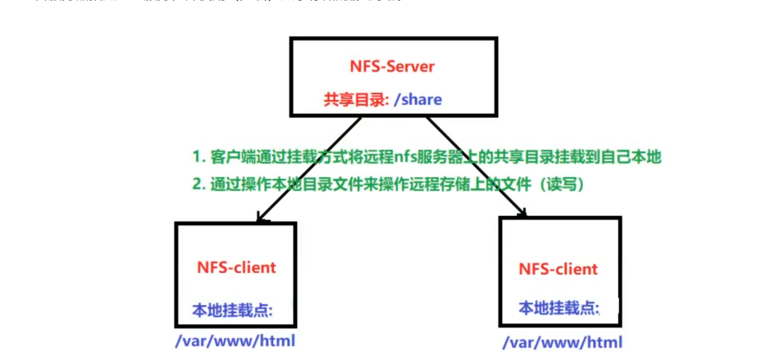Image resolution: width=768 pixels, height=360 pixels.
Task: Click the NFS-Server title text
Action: [x=392, y=66]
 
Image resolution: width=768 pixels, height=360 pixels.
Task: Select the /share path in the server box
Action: [x=418, y=100]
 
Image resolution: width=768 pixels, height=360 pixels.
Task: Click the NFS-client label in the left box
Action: [x=236, y=267]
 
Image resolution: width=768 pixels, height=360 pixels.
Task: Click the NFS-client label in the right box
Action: [x=558, y=269]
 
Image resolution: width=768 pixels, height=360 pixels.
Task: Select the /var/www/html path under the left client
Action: [x=235, y=341]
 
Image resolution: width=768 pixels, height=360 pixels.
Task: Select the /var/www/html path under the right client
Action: [x=563, y=343]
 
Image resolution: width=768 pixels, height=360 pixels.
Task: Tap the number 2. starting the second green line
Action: [x=199, y=185]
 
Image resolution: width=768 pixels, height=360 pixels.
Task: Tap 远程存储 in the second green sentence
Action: [x=442, y=185]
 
